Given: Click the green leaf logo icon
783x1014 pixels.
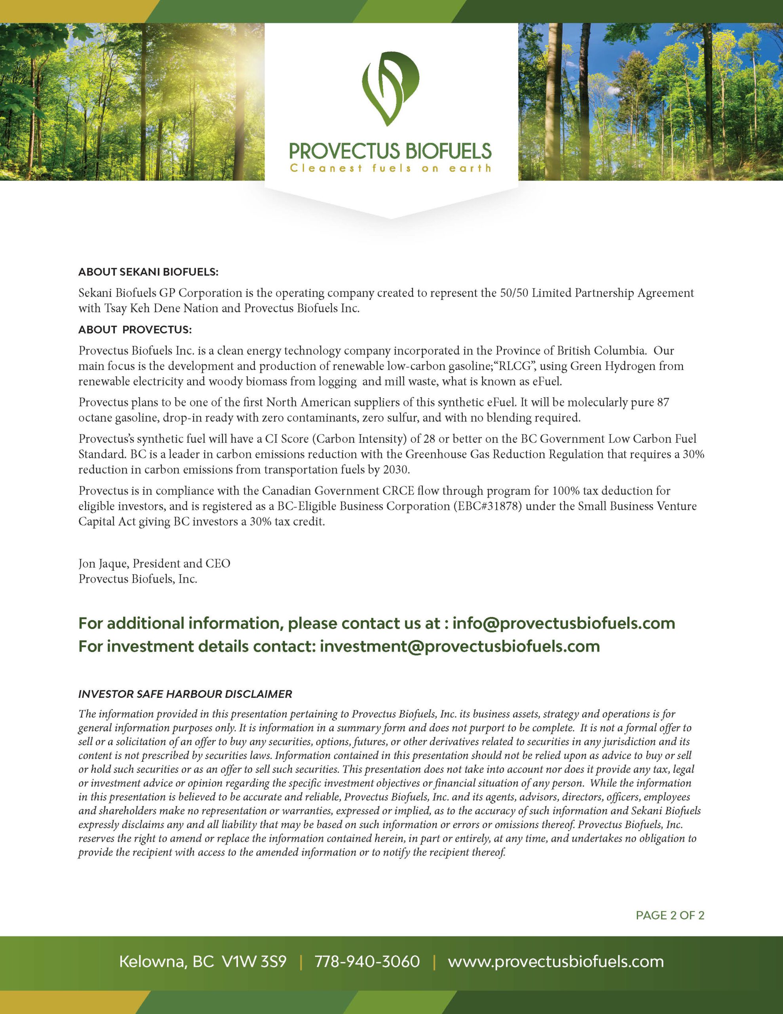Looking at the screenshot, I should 390,89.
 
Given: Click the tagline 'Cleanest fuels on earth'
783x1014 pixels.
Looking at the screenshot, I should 390,168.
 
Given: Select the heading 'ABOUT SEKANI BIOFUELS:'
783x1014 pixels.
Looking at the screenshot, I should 148,272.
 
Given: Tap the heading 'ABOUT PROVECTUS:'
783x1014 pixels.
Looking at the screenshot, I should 135,330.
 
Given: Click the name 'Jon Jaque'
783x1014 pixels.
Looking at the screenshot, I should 103,564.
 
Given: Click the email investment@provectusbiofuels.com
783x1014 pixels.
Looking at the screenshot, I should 460,646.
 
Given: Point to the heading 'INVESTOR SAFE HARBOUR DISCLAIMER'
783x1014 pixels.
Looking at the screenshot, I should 185,694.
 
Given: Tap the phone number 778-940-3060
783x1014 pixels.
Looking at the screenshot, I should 367,962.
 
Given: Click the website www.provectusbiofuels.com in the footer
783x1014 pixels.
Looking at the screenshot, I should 555,962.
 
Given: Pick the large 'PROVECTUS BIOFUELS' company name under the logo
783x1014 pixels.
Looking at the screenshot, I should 390,151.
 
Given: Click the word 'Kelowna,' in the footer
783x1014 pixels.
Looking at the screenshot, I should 152,962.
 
